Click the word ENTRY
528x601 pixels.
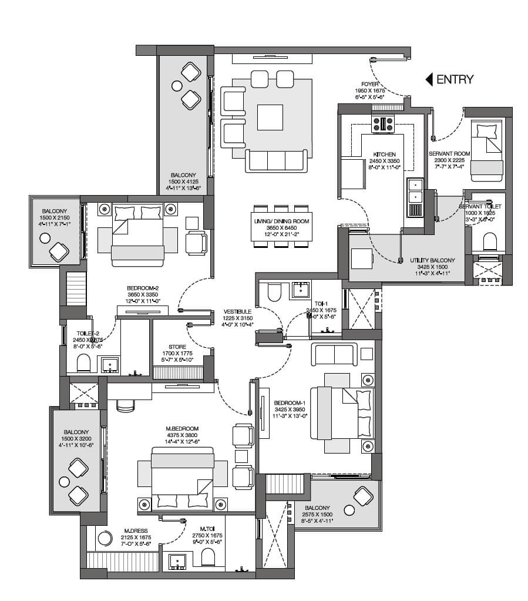(x=455, y=79)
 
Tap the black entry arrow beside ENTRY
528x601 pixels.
(x=429, y=79)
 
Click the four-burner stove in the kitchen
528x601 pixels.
(x=382, y=124)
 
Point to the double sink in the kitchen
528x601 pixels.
(x=415, y=191)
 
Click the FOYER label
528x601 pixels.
(x=370, y=84)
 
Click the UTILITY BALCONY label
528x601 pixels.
(x=432, y=260)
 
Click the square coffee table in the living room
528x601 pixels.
(x=270, y=117)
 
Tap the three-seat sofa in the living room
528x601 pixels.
(x=276, y=160)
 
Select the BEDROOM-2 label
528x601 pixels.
(x=143, y=288)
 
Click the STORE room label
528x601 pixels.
(x=177, y=347)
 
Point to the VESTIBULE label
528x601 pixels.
(x=238, y=312)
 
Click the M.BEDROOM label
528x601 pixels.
(x=182, y=428)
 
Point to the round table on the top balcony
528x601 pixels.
(x=176, y=86)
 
